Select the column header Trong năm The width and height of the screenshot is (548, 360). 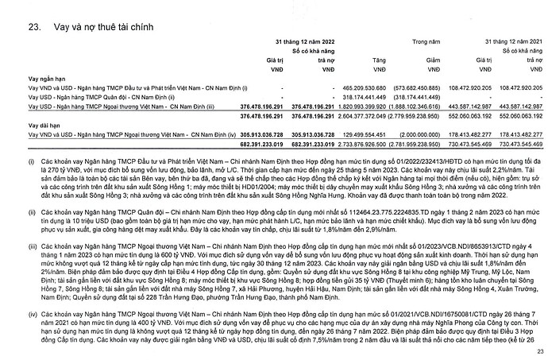[x=427, y=40]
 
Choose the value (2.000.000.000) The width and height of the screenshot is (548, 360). [x=438, y=137]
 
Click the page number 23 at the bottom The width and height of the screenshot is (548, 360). [x=538, y=350]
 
